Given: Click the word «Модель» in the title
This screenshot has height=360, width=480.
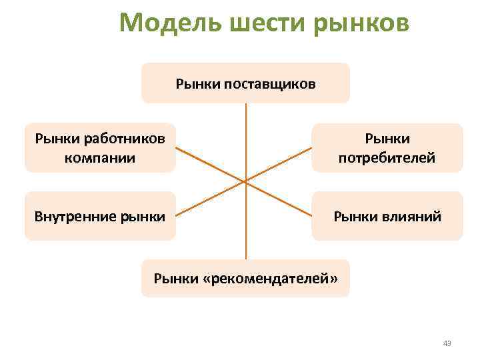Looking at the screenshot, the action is (171, 24).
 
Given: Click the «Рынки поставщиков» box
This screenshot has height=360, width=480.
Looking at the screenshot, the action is (245, 83).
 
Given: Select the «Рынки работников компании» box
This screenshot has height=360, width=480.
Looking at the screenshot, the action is (100, 148).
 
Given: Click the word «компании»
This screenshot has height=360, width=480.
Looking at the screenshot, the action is (100, 158).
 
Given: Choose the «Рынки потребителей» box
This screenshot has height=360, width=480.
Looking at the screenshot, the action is (387, 148).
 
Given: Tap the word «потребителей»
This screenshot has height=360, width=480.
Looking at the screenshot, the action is (387, 158).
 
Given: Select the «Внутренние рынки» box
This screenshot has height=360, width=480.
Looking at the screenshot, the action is (100, 215).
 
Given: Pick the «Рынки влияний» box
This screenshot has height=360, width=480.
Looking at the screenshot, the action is (387, 215).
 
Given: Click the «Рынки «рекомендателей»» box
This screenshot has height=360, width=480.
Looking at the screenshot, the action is (245, 278).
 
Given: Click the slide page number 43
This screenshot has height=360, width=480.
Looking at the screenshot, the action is (447, 343).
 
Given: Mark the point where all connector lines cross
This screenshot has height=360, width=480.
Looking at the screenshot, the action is (246, 181).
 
